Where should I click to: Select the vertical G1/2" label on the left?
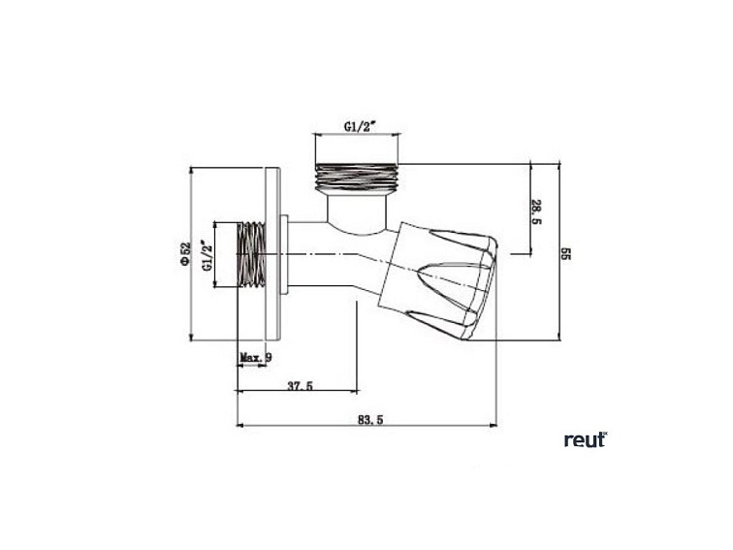[206, 255]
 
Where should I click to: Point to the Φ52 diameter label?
[184, 254]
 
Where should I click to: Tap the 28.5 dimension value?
[536, 211]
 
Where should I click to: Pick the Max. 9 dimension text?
[255, 358]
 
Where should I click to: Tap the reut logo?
[585, 439]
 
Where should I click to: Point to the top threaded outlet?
[357, 177]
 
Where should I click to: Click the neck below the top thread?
[356, 210]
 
